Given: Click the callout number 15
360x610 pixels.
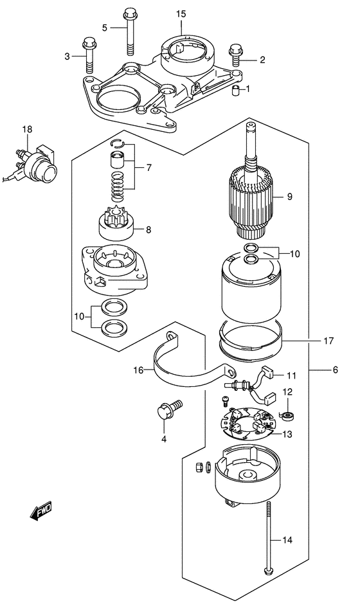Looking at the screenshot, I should pos(181,13).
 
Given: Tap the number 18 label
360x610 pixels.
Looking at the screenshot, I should pos(26,130).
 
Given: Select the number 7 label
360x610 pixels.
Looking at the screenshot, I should pos(148,168).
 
